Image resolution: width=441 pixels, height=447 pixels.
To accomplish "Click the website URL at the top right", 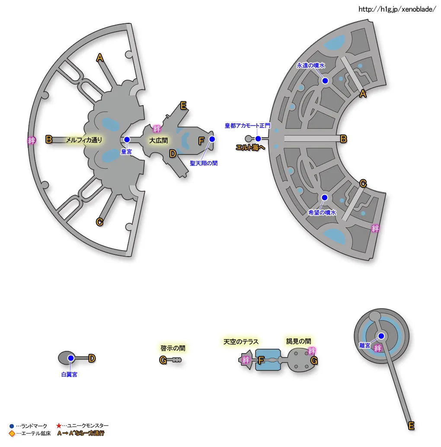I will [397, 9].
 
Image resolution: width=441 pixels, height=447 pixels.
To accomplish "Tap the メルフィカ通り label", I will [84, 140].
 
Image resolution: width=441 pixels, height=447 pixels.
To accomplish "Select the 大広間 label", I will [158, 141].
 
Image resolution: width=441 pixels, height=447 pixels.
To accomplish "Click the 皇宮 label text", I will [127, 152].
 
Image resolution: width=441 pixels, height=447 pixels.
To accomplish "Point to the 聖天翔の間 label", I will [204, 164].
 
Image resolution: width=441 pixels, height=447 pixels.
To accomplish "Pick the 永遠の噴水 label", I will [310, 66].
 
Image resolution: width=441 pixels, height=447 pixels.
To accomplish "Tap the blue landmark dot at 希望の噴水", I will [325, 198].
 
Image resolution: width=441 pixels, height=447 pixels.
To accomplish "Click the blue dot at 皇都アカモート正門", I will [258, 139].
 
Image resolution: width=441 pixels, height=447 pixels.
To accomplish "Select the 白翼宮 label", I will [69, 374].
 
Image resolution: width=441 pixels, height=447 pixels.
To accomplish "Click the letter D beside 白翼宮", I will [92, 358].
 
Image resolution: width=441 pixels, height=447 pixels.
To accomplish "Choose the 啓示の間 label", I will [173, 348].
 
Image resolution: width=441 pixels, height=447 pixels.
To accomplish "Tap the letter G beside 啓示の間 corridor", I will [163, 360].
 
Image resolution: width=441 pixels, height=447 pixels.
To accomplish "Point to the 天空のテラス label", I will [241, 341].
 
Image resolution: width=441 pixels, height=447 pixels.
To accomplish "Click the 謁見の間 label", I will [298, 341].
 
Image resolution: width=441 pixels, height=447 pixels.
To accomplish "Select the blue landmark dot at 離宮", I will [381, 336].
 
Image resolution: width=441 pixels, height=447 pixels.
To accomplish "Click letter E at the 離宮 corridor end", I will [412, 426].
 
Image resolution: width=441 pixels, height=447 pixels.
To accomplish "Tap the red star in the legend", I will [59, 426].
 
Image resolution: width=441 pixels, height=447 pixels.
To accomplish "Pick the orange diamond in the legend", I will [12, 433].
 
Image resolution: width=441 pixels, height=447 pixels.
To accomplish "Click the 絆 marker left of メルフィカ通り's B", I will [31, 140].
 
